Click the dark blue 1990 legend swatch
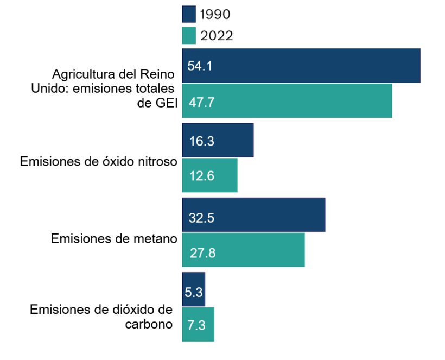[x=189, y=14]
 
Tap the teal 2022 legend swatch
[x=189, y=36]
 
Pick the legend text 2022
[x=217, y=36]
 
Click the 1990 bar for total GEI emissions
[x=301, y=66]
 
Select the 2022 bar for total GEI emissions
[x=287, y=101]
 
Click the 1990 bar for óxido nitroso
[x=218, y=141]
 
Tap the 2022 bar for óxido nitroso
[x=209, y=175]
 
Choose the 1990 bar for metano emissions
[x=253, y=215]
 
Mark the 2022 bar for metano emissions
[x=243, y=250]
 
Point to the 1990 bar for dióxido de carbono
[x=194, y=289]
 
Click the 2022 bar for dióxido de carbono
[x=198, y=324]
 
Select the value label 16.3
[x=201, y=142]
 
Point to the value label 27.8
[x=202, y=253]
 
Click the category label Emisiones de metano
[x=114, y=239]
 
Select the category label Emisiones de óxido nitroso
[x=98, y=162]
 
